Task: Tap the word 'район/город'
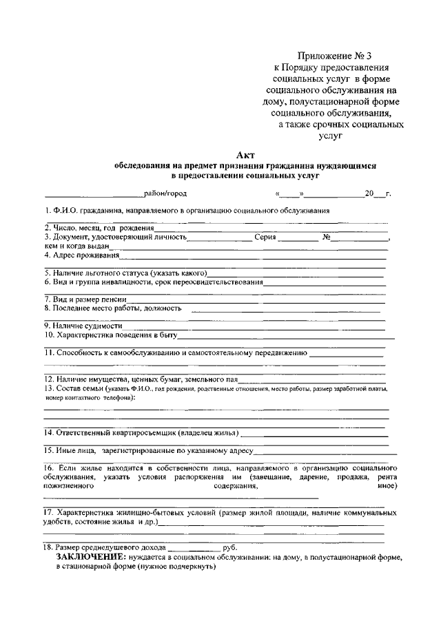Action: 165,194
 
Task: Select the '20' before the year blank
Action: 369,194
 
